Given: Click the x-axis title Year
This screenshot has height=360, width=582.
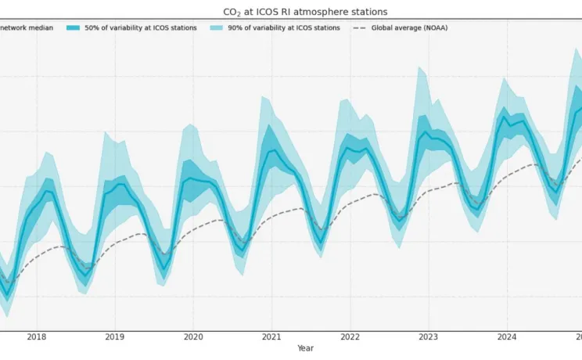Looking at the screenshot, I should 305,348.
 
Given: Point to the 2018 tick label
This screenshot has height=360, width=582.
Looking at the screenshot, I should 36,337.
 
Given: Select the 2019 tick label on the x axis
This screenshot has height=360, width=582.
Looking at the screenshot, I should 114,337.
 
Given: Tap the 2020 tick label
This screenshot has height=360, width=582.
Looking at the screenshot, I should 193,337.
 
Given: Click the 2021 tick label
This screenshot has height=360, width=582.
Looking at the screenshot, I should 271,337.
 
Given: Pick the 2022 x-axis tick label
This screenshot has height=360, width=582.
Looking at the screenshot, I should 350,337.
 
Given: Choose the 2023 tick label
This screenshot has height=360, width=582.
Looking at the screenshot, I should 428,337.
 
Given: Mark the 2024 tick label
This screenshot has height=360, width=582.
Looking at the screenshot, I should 506,337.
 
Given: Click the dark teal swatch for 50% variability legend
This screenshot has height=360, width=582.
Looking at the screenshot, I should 95,28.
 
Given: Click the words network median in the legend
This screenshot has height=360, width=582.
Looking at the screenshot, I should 27,28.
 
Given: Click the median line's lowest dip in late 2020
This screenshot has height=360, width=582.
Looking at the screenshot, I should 242,250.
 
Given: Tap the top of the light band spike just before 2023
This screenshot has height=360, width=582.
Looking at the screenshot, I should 421,67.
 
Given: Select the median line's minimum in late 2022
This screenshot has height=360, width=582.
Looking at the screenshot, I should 398,221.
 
